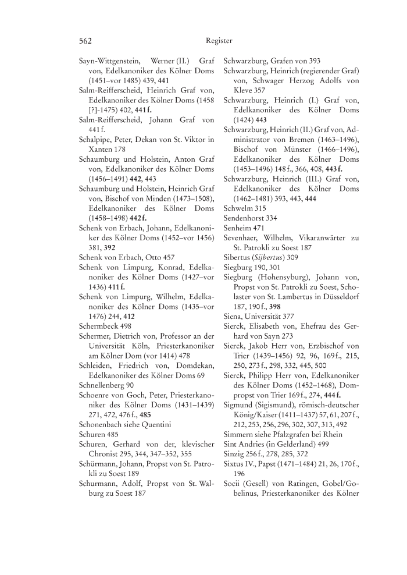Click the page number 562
86,41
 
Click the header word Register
219,41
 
